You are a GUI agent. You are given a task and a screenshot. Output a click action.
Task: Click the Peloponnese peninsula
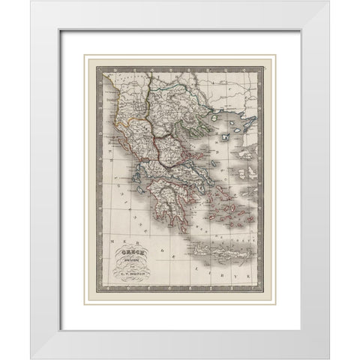pos(171,204)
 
